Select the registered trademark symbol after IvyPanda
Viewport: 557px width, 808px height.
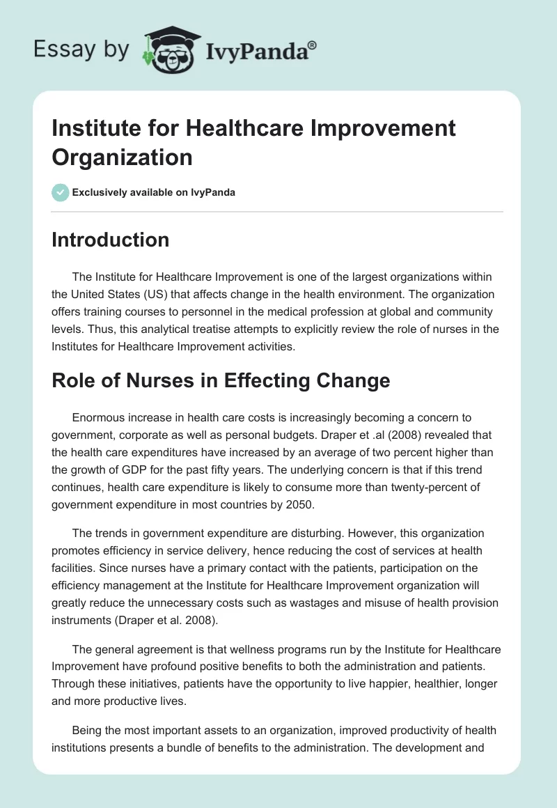313,45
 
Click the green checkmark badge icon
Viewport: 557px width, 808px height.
61,192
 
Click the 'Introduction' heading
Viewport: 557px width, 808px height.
111,240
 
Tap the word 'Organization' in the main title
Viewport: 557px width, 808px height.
121,157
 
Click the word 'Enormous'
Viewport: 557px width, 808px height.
98,418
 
